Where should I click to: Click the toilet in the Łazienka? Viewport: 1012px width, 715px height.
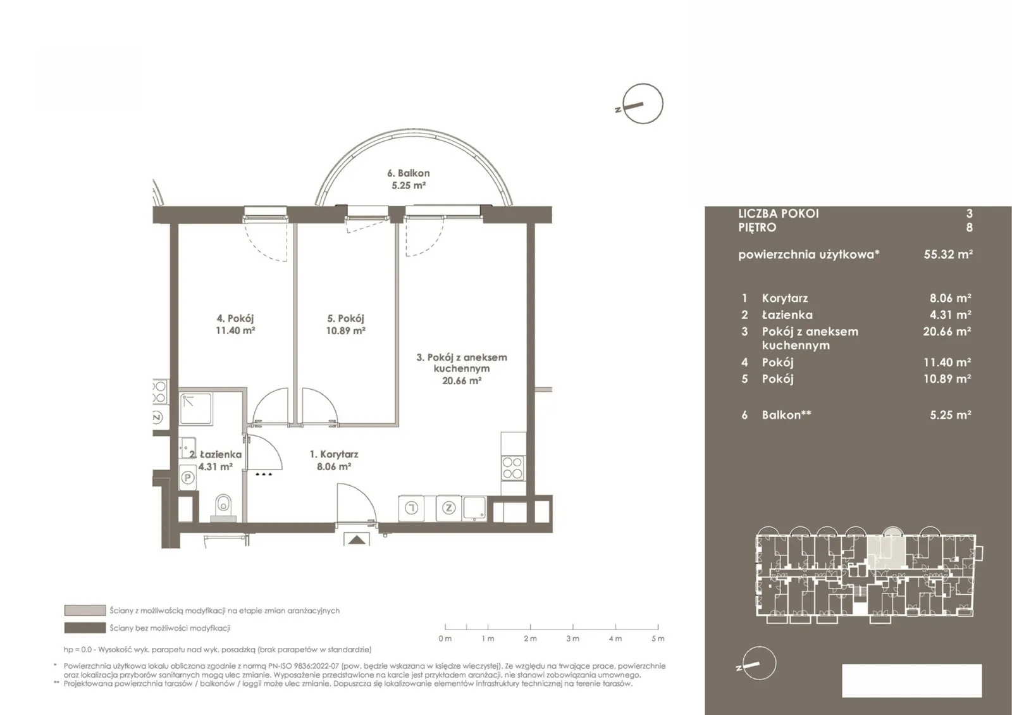pyautogui.click(x=223, y=508)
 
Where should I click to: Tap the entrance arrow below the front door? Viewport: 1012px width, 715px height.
pyautogui.click(x=357, y=540)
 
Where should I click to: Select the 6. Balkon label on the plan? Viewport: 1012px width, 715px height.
pyautogui.click(x=409, y=173)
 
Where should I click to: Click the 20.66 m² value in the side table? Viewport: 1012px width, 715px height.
pyautogui.click(x=947, y=332)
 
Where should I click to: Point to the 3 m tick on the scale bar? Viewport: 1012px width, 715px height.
pyautogui.click(x=573, y=627)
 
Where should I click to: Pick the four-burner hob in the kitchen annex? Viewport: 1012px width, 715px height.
pyautogui.click(x=513, y=468)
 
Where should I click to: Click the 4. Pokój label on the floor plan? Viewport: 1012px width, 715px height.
pyautogui.click(x=235, y=319)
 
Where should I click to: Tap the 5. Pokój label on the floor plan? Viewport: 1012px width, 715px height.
pyautogui.click(x=345, y=319)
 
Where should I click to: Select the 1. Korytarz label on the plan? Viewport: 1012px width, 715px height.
pyautogui.click(x=334, y=454)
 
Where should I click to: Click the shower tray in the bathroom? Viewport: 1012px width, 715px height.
pyautogui.click(x=196, y=409)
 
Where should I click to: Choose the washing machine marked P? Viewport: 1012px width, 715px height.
pyautogui.click(x=188, y=478)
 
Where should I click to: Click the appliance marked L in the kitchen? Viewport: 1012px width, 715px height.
pyautogui.click(x=411, y=508)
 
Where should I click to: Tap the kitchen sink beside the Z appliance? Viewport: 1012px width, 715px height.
pyautogui.click(x=474, y=508)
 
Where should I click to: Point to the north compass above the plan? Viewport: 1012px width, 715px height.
pyautogui.click(x=642, y=104)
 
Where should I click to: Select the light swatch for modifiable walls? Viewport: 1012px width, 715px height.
pyautogui.click(x=85, y=611)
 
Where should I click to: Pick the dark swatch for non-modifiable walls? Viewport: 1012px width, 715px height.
pyautogui.click(x=85, y=628)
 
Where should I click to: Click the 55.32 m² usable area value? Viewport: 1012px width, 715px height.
pyautogui.click(x=948, y=254)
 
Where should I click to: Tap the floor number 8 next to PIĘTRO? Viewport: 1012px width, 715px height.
pyautogui.click(x=969, y=227)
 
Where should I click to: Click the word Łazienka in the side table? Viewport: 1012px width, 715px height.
pyautogui.click(x=787, y=314)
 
